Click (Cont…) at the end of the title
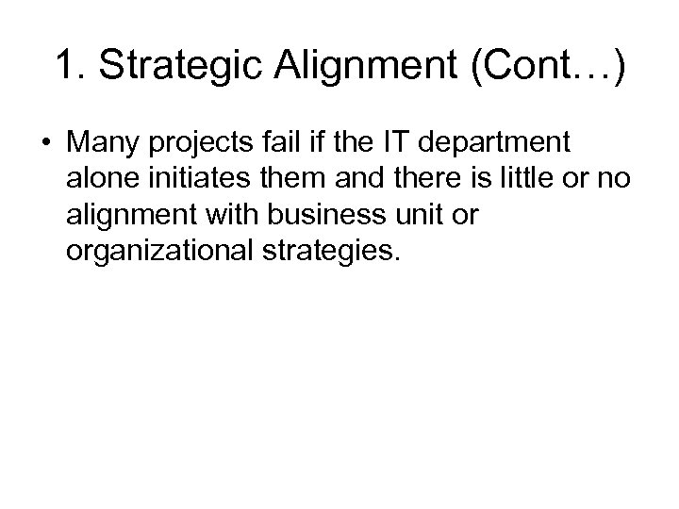click(x=528, y=68)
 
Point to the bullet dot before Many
click(x=45, y=142)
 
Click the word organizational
click(x=161, y=253)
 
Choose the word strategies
click(x=334, y=253)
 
